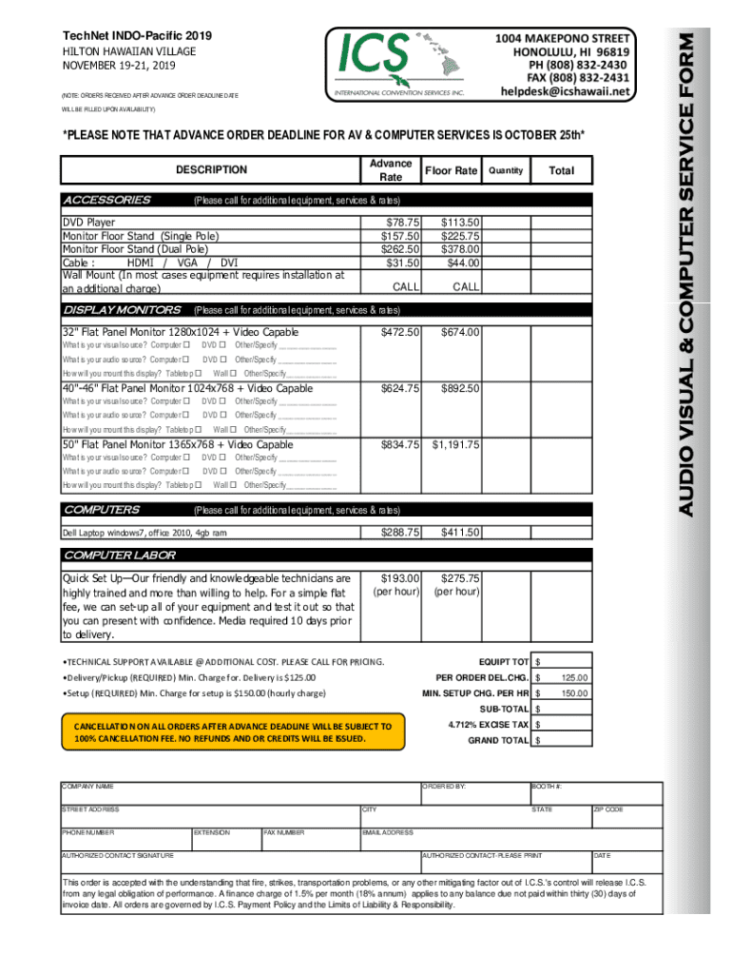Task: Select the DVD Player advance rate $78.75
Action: point(400,223)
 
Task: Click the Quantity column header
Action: point(505,170)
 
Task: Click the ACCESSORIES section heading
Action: point(106,200)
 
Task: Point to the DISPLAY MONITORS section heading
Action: point(122,309)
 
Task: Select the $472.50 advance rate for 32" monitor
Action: point(400,332)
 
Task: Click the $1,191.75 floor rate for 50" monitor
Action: point(456,444)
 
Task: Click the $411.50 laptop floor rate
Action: point(460,532)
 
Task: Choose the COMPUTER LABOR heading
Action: point(119,555)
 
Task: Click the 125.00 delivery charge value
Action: point(574,678)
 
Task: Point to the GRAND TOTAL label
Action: point(498,740)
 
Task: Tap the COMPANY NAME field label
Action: point(87,787)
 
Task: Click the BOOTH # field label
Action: point(547,787)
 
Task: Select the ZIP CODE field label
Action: point(608,809)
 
